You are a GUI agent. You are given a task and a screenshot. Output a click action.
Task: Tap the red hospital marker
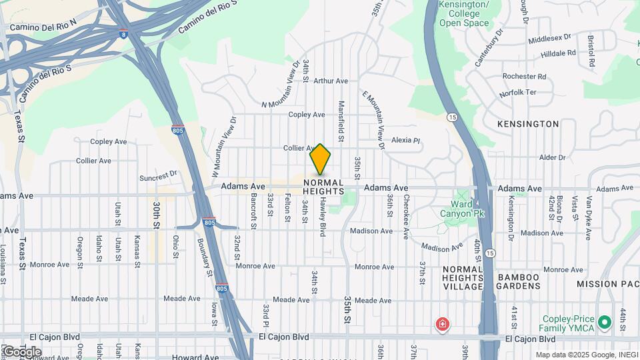point(441,325)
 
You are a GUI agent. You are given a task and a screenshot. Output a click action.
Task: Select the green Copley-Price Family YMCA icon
point(605,323)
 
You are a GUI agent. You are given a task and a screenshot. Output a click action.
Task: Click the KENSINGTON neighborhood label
point(528,124)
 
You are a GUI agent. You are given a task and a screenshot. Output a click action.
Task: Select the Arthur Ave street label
point(331,81)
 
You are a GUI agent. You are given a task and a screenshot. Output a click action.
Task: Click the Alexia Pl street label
point(406,141)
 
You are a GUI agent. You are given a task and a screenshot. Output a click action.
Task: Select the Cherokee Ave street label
point(405,217)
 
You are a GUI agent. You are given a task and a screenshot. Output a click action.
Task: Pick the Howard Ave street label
point(195,357)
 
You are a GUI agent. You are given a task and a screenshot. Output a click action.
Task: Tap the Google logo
point(22,351)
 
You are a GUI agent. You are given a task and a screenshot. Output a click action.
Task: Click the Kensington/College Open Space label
point(463,14)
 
